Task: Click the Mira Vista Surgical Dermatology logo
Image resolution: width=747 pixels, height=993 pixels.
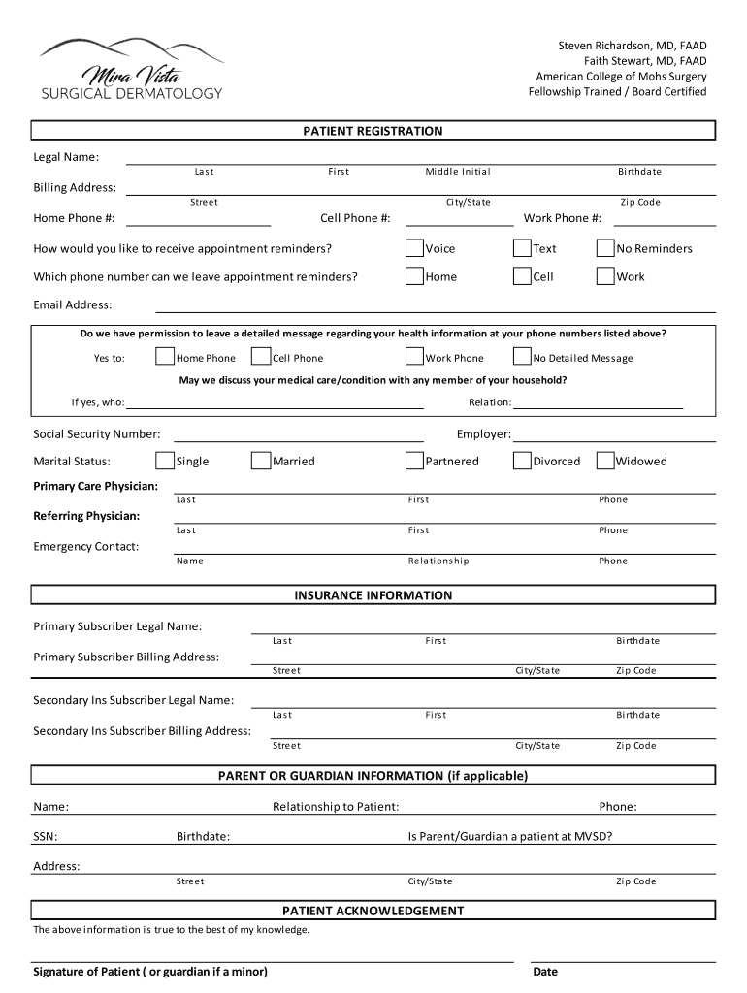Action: click(x=131, y=69)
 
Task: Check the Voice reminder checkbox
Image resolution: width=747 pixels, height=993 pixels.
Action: click(x=414, y=248)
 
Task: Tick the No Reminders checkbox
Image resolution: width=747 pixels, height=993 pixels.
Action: click(x=605, y=248)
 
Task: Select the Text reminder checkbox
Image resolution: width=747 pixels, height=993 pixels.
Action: click(x=522, y=248)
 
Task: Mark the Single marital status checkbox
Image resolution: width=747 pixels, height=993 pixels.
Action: click(x=165, y=461)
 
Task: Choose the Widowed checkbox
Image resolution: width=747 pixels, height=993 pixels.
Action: click(x=605, y=461)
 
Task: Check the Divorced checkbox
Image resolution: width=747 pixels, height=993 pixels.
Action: click(x=522, y=461)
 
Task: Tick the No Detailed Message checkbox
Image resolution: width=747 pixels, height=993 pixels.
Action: click(x=522, y=357)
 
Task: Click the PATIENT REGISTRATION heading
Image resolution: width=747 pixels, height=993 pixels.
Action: click(x=373, y=131)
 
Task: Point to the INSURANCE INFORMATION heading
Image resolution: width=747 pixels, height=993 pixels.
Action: click(x=373, y=595)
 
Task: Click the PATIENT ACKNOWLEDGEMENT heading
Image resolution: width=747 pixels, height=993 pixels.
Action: click(x=373, y=911)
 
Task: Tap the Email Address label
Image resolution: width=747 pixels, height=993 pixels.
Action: click(x=73, y=304)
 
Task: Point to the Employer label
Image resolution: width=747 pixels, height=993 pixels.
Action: click(x=483, y=434)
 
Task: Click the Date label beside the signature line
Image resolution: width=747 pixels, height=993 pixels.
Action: click(x=545, y=972)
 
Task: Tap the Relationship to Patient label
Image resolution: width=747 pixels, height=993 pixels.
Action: click(x=336, y=807)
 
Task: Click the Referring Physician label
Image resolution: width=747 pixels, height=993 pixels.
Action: click(x=86, y=516)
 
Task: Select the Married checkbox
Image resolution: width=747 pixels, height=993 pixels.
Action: click(x=260, y=461)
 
